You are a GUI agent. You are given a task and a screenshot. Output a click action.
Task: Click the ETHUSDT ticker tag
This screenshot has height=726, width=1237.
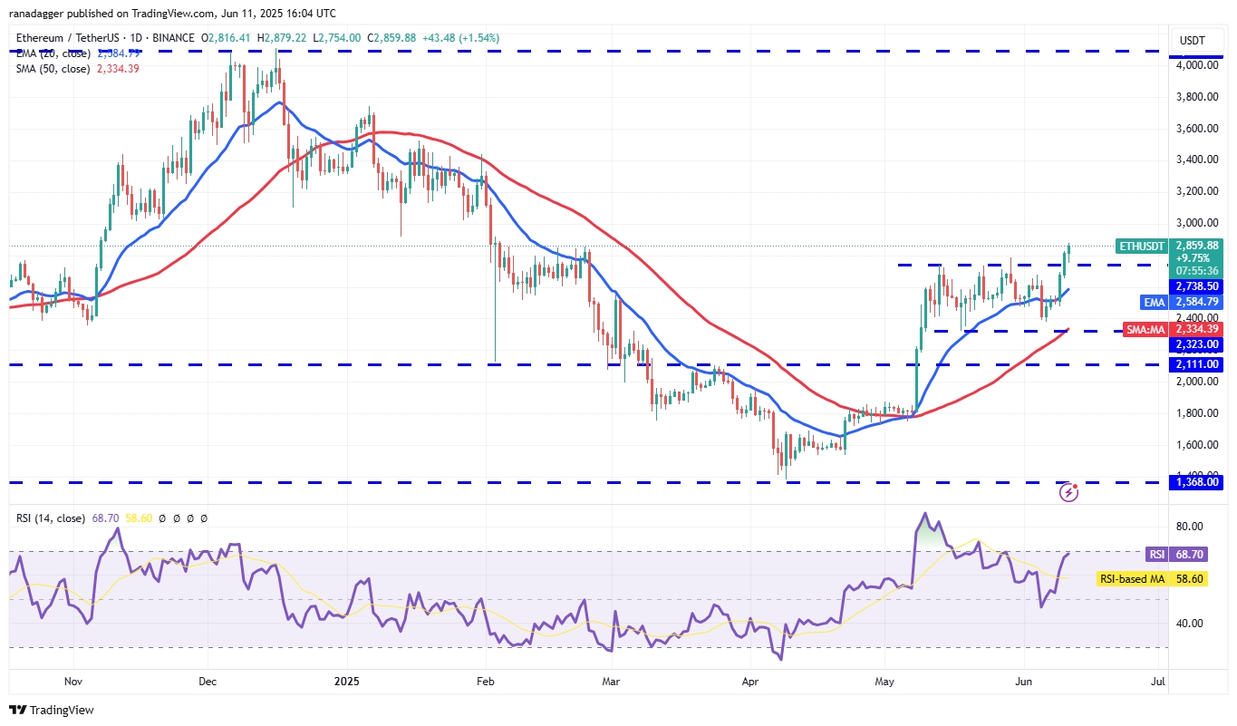[x=1141, y=245]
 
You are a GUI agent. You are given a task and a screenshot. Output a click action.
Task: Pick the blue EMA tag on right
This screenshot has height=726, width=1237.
[x=1153, y=302]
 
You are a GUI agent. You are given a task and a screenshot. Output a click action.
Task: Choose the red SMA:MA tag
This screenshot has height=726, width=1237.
[x=1145, y=329]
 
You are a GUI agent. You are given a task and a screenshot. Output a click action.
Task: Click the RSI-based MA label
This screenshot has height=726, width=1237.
[x=1131, y=578]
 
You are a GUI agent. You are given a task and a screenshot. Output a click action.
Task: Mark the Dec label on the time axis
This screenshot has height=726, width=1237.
[x=207, y=680]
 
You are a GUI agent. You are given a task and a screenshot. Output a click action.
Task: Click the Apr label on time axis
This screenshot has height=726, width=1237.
[x=749, y=680]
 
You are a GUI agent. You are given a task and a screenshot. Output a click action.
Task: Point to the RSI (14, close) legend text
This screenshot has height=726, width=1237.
[x=51, y=518]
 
